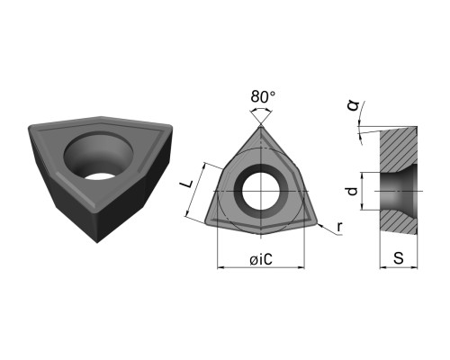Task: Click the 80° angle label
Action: coord(263,96)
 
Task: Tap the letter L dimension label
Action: coord(188,184)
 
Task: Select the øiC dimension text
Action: coord(261,259)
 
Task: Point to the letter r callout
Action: coord(339,228)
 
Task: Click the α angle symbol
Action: coord(353,106)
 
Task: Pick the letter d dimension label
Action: coord(353,191)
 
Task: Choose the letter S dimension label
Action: coord(399,258)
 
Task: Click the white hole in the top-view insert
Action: coord(261,192)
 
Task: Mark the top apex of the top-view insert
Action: coord(261,126)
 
